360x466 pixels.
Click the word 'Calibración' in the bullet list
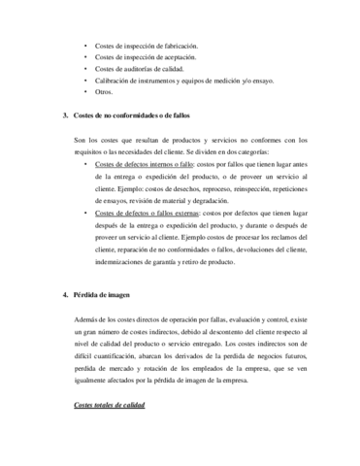click(x=113, y=81)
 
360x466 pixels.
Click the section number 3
click(x=64, y=116)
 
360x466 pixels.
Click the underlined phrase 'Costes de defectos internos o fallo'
click(x=145, y=164)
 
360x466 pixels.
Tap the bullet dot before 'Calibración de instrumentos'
click(x=84, y=81)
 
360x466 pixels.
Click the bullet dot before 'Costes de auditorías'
click(x=84, y=69)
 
